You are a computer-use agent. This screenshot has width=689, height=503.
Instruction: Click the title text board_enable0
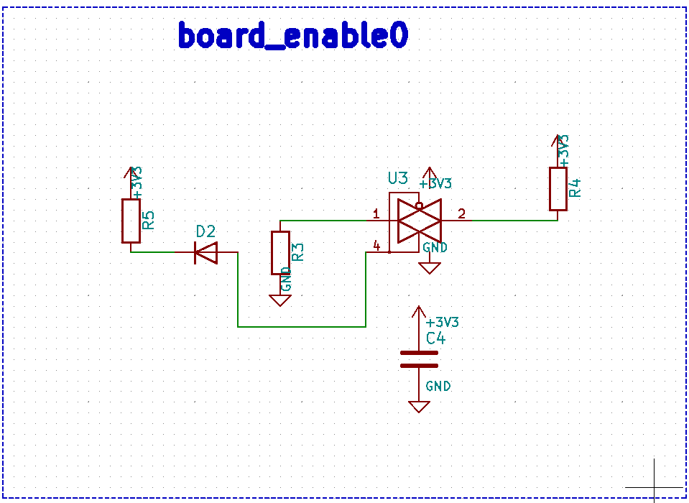(x=292, y=34)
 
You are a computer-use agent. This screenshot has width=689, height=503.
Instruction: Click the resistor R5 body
(x=130, y=221)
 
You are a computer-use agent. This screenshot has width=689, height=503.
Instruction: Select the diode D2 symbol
(x=206, y=252)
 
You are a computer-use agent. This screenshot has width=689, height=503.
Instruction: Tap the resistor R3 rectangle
(x=280, y=252)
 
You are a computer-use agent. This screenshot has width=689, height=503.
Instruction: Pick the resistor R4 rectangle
(x=558, y=189)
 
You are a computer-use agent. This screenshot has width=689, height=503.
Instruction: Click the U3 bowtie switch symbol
(x=419, y=221)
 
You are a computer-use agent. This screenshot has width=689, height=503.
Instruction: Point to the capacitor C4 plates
(x=418, y=359)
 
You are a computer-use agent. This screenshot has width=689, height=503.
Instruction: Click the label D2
(x=205, y=231)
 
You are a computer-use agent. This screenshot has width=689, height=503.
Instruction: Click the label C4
(x=435, y=338)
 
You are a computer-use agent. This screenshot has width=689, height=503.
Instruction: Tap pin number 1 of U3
(x=376, y=213)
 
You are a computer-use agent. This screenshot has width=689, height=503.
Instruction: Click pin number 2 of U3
(x=461, y=213)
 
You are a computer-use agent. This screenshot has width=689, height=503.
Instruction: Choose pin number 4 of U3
(x=376, y=246)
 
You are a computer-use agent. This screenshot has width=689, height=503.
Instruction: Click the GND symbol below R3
(x=280, y=300)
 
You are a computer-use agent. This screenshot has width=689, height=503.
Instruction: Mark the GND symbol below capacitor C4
(x=419, y=406)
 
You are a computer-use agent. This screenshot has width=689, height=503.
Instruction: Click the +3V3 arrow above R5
(x=130, y=172)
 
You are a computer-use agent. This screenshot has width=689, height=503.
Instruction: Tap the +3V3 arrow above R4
(x=558, y=140)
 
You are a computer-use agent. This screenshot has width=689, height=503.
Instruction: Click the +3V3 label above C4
(x=442, y=322)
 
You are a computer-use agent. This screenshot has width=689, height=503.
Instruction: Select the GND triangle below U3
(x=430, y=268)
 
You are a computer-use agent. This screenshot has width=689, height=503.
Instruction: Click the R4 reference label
(x=574, y=188)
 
